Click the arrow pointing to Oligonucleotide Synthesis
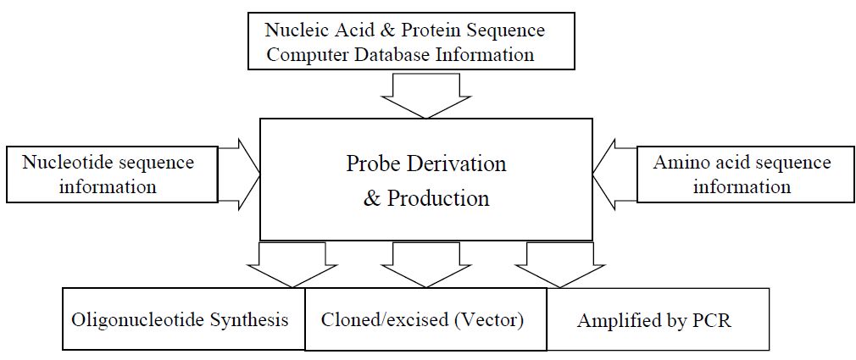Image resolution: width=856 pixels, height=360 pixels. pyautogui.click(x=292, y=264)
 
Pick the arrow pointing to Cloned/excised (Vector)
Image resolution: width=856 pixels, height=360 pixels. pyautogui.click(x=425, y=264)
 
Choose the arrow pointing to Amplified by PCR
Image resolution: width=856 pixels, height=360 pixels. pyautogui.click(x=560, y=264)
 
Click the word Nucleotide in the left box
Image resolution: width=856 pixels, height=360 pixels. pyautogui.click(x=65, y=163)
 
